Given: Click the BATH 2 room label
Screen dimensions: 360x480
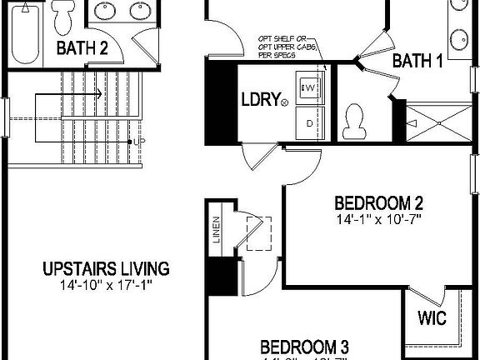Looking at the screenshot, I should click(82, 47).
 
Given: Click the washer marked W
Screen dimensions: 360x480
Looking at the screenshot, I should click(309, 87).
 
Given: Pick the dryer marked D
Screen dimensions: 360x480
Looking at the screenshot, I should click(309, 122).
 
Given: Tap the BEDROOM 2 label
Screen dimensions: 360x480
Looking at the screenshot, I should click(379, 203).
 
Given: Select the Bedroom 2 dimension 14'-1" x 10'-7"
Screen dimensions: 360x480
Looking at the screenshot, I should click(379, 221).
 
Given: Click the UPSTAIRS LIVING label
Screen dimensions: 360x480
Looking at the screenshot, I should click(106, 268).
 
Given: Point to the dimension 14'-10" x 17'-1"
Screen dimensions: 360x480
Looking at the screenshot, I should click(106, 285).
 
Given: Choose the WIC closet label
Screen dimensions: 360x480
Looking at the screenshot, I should click(432, 318).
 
